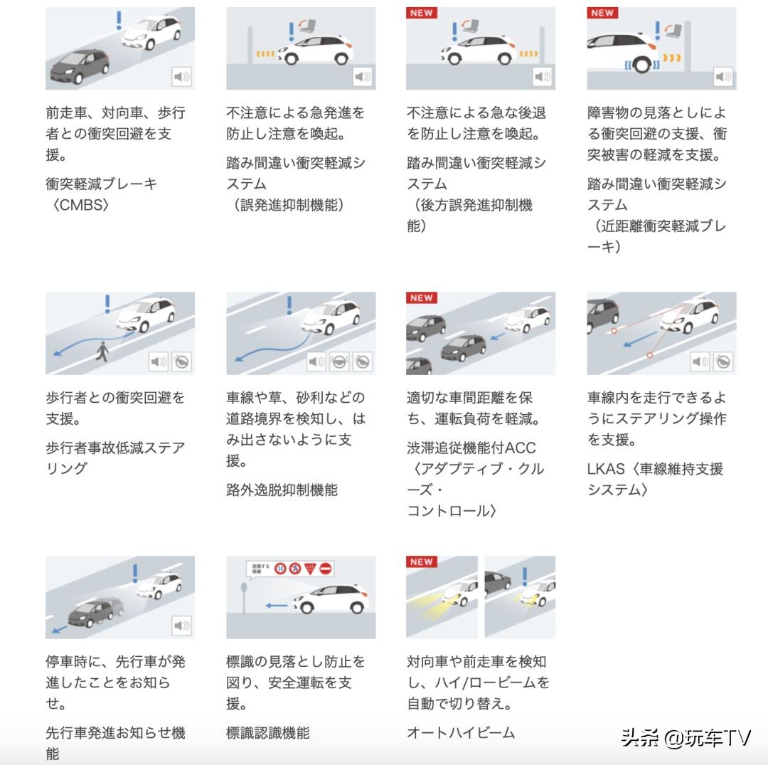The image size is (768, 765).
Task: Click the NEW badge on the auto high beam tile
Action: click(x=421, y=562)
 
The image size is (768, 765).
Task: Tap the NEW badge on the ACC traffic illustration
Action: click(x=421, y=298)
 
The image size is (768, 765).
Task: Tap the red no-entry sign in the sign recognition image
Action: click(x=326, y=569)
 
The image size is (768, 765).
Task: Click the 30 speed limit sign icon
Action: click(x=280, y=569)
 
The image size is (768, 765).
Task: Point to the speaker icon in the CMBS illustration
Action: click(x=182, y=77)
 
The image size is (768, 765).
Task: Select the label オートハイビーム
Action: click(x=460, y=732)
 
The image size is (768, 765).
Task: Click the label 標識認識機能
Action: click(x=268, y=732)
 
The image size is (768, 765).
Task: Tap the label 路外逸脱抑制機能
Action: click(x=282, y=490)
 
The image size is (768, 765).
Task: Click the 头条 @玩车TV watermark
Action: click(x=686, y=738)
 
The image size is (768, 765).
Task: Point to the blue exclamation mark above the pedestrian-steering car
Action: click(x=108, y=303)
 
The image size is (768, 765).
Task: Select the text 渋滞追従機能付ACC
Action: click(x=471, y=448)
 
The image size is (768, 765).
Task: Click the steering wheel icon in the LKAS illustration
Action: click(x=722, y=362)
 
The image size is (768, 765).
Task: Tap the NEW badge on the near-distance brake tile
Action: click(x=602, y=13)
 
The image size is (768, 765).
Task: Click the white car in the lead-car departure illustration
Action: click(x=160, y=585)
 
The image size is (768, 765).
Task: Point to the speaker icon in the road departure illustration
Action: click(x=316, y=362)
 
